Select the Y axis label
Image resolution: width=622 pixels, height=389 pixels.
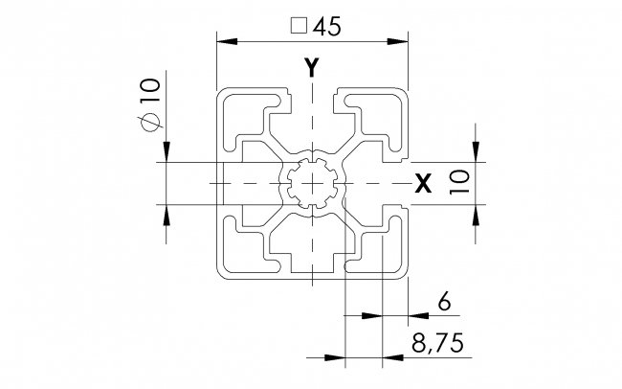coord(311,67)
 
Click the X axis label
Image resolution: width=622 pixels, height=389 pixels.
coord(422,184)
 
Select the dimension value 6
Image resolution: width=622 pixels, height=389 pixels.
coord(443,303)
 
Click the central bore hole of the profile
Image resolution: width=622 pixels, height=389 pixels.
coord(312,182)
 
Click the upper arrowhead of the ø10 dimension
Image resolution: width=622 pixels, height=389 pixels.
coord(167,152)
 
